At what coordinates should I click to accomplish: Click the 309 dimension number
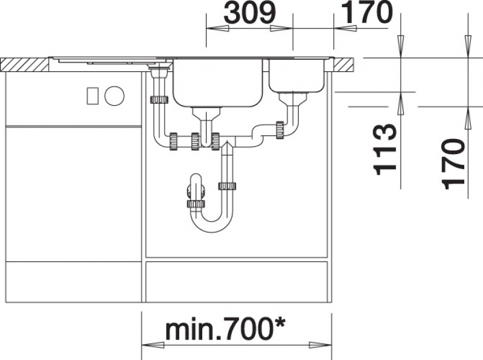click(x=249, y=13)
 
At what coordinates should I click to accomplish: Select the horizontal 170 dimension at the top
click(x=367, y=12)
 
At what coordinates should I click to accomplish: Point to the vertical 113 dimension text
click(x=384, y=149)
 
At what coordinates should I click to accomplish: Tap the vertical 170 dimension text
click(x=453, y=164)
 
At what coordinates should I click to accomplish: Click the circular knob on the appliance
click(x=114, y=95)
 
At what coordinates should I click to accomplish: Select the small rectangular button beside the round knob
click(x=92, y=95)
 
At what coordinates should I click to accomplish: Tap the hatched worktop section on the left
click(x=24, y=65)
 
